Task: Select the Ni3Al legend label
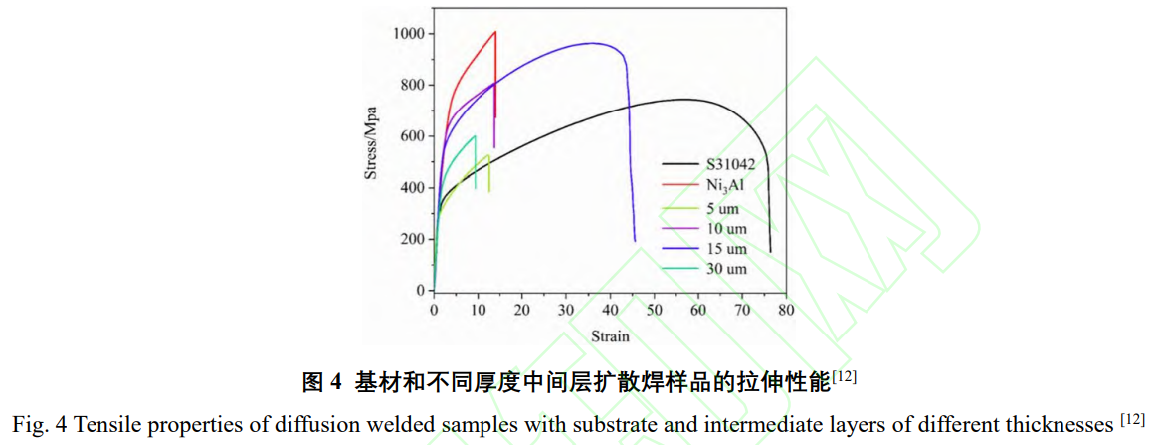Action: coord(725,185)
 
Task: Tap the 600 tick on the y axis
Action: coord(412,136)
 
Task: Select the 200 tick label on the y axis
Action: coord(412,239)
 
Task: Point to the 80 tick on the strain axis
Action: coord(786,311)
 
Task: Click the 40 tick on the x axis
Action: coord(610,311)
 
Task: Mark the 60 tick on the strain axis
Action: coord(697,311)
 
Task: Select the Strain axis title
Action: coord(610,335)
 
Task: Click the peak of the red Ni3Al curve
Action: coord(494,32)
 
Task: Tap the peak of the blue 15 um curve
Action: coord(593,43)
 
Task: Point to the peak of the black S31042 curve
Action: coord(684,99)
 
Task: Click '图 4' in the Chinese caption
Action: coord(321,381)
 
